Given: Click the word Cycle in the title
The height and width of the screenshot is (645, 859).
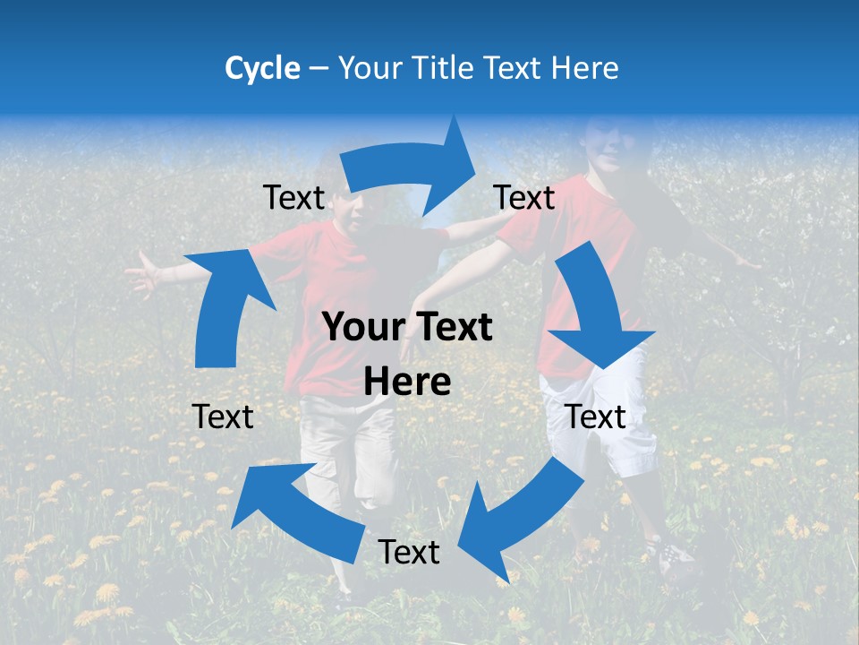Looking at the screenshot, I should (x=262, y=68).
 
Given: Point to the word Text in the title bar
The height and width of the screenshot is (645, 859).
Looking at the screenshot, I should (x=515, y=68).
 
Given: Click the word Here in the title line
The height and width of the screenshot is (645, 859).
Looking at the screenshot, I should (x=586, y=68).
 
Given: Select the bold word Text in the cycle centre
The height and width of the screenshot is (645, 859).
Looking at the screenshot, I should (x=454, y=328).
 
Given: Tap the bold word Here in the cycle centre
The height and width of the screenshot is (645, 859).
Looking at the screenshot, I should (x=407, y=382).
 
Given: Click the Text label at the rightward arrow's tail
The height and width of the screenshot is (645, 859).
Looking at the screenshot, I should (x=293, y=198).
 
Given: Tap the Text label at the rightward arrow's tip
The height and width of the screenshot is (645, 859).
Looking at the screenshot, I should (x=524, y=198).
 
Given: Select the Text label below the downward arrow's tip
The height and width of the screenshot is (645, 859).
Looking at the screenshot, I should (x=596, y=417).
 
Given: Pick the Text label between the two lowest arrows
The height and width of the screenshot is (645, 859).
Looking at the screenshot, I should (x=409, y=553).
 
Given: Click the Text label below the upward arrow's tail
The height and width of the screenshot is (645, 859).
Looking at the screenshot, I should (x=223, y=417).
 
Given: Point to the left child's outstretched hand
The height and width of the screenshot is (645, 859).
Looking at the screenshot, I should (x=141, y=273).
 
